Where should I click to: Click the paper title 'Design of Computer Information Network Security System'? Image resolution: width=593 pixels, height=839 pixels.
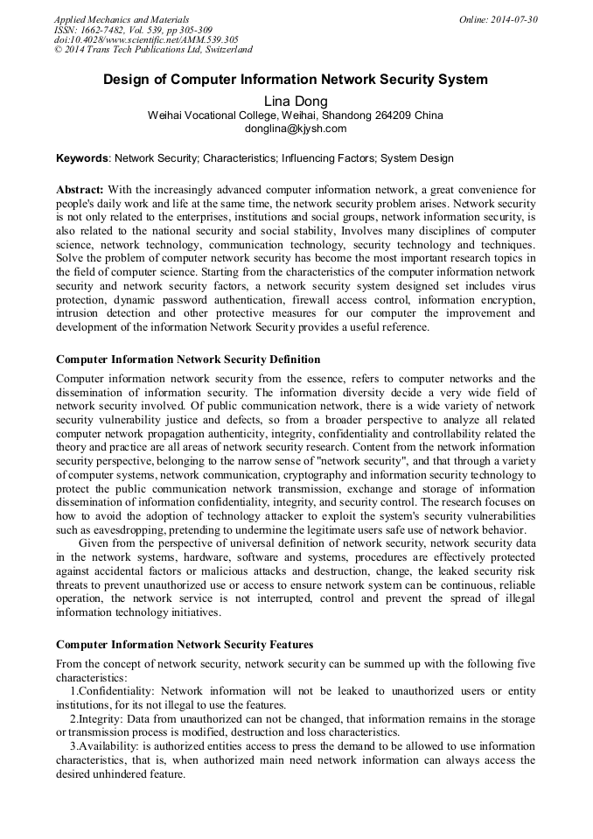click(296, 80)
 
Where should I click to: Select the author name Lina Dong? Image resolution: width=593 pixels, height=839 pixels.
click(296, 101)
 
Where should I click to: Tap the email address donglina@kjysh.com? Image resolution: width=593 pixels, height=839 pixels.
click(296, 129)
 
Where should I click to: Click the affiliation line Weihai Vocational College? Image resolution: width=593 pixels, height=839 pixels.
click(296, 115)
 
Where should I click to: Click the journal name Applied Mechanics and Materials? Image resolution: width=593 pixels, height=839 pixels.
click(122, 19)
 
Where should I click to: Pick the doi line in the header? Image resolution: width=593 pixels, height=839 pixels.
click(146, 39)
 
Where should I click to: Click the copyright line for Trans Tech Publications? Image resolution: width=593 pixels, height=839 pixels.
click(153, 50)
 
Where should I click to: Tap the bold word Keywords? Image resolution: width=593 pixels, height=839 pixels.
click(82, 158)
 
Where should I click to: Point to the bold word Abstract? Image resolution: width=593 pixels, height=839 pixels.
click(80, 190)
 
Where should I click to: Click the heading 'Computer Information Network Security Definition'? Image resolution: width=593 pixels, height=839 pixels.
click(188, 360)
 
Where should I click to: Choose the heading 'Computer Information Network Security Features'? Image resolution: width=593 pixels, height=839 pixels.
click(185, 645)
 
